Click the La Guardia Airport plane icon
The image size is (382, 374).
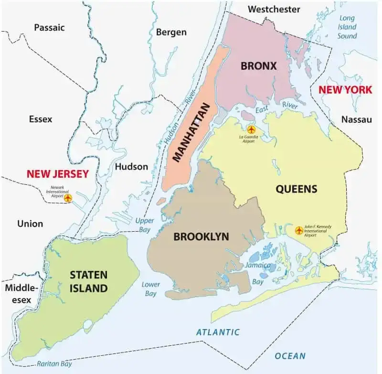tap(252, 129)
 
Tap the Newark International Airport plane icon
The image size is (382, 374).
tap(68, 197)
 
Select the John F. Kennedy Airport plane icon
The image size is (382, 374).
tap(299, 230)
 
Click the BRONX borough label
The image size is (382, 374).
tap(258, 66)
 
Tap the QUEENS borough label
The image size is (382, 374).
tap(296, 189)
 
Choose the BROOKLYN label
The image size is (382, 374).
tap(201, 236)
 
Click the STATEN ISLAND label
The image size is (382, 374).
tap(88, 281)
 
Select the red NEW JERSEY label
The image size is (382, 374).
tap(58, 174)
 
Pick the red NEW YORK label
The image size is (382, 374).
tap(345, 89)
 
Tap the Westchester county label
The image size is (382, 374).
tap(274, 9)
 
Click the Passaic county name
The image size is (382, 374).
tap(49, 28)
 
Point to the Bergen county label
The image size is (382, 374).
tap(171, 32)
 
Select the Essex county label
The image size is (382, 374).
tap(41, 119)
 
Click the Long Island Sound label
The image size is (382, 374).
tap(347, 27)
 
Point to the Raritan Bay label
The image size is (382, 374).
tap(55, 363)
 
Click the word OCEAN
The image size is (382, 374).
tap(290, 356)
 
